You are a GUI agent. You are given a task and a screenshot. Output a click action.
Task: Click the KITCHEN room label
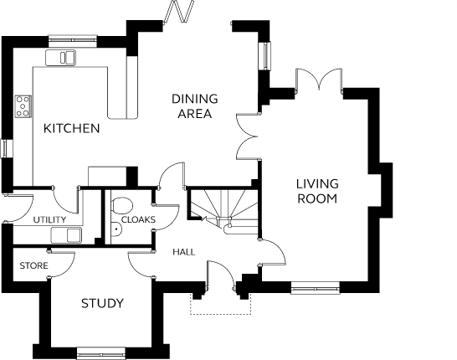coord(71,128)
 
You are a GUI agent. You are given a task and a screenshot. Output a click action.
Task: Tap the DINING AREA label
coord(195,106)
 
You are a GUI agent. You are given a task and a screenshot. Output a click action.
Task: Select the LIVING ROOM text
coord(317,191)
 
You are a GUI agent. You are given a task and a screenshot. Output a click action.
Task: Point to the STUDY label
coord(102,303)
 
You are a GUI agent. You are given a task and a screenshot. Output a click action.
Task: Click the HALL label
coord(184,252)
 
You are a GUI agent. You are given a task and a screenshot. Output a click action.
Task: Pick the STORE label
coord(33,266)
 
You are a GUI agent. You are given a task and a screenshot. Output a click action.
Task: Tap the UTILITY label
coord(49,220)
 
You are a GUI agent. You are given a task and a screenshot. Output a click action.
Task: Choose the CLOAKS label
coord(138,219)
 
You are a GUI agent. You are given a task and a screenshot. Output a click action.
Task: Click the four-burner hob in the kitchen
coord(23,106)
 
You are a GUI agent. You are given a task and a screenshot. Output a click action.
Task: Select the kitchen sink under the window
coord(60,58)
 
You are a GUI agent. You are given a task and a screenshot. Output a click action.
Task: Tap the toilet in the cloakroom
coord(122,205)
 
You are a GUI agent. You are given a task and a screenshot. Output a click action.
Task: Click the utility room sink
coord(66,235)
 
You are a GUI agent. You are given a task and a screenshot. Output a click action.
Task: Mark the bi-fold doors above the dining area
coord(179,12)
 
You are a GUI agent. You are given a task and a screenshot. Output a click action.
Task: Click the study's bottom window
coord(101,353)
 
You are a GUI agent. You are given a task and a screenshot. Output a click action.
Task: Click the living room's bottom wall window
coord(316,288)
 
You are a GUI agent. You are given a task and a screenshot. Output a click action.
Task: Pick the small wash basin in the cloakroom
coord(116,229)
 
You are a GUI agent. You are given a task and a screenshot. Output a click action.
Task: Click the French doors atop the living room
coord(319,80)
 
